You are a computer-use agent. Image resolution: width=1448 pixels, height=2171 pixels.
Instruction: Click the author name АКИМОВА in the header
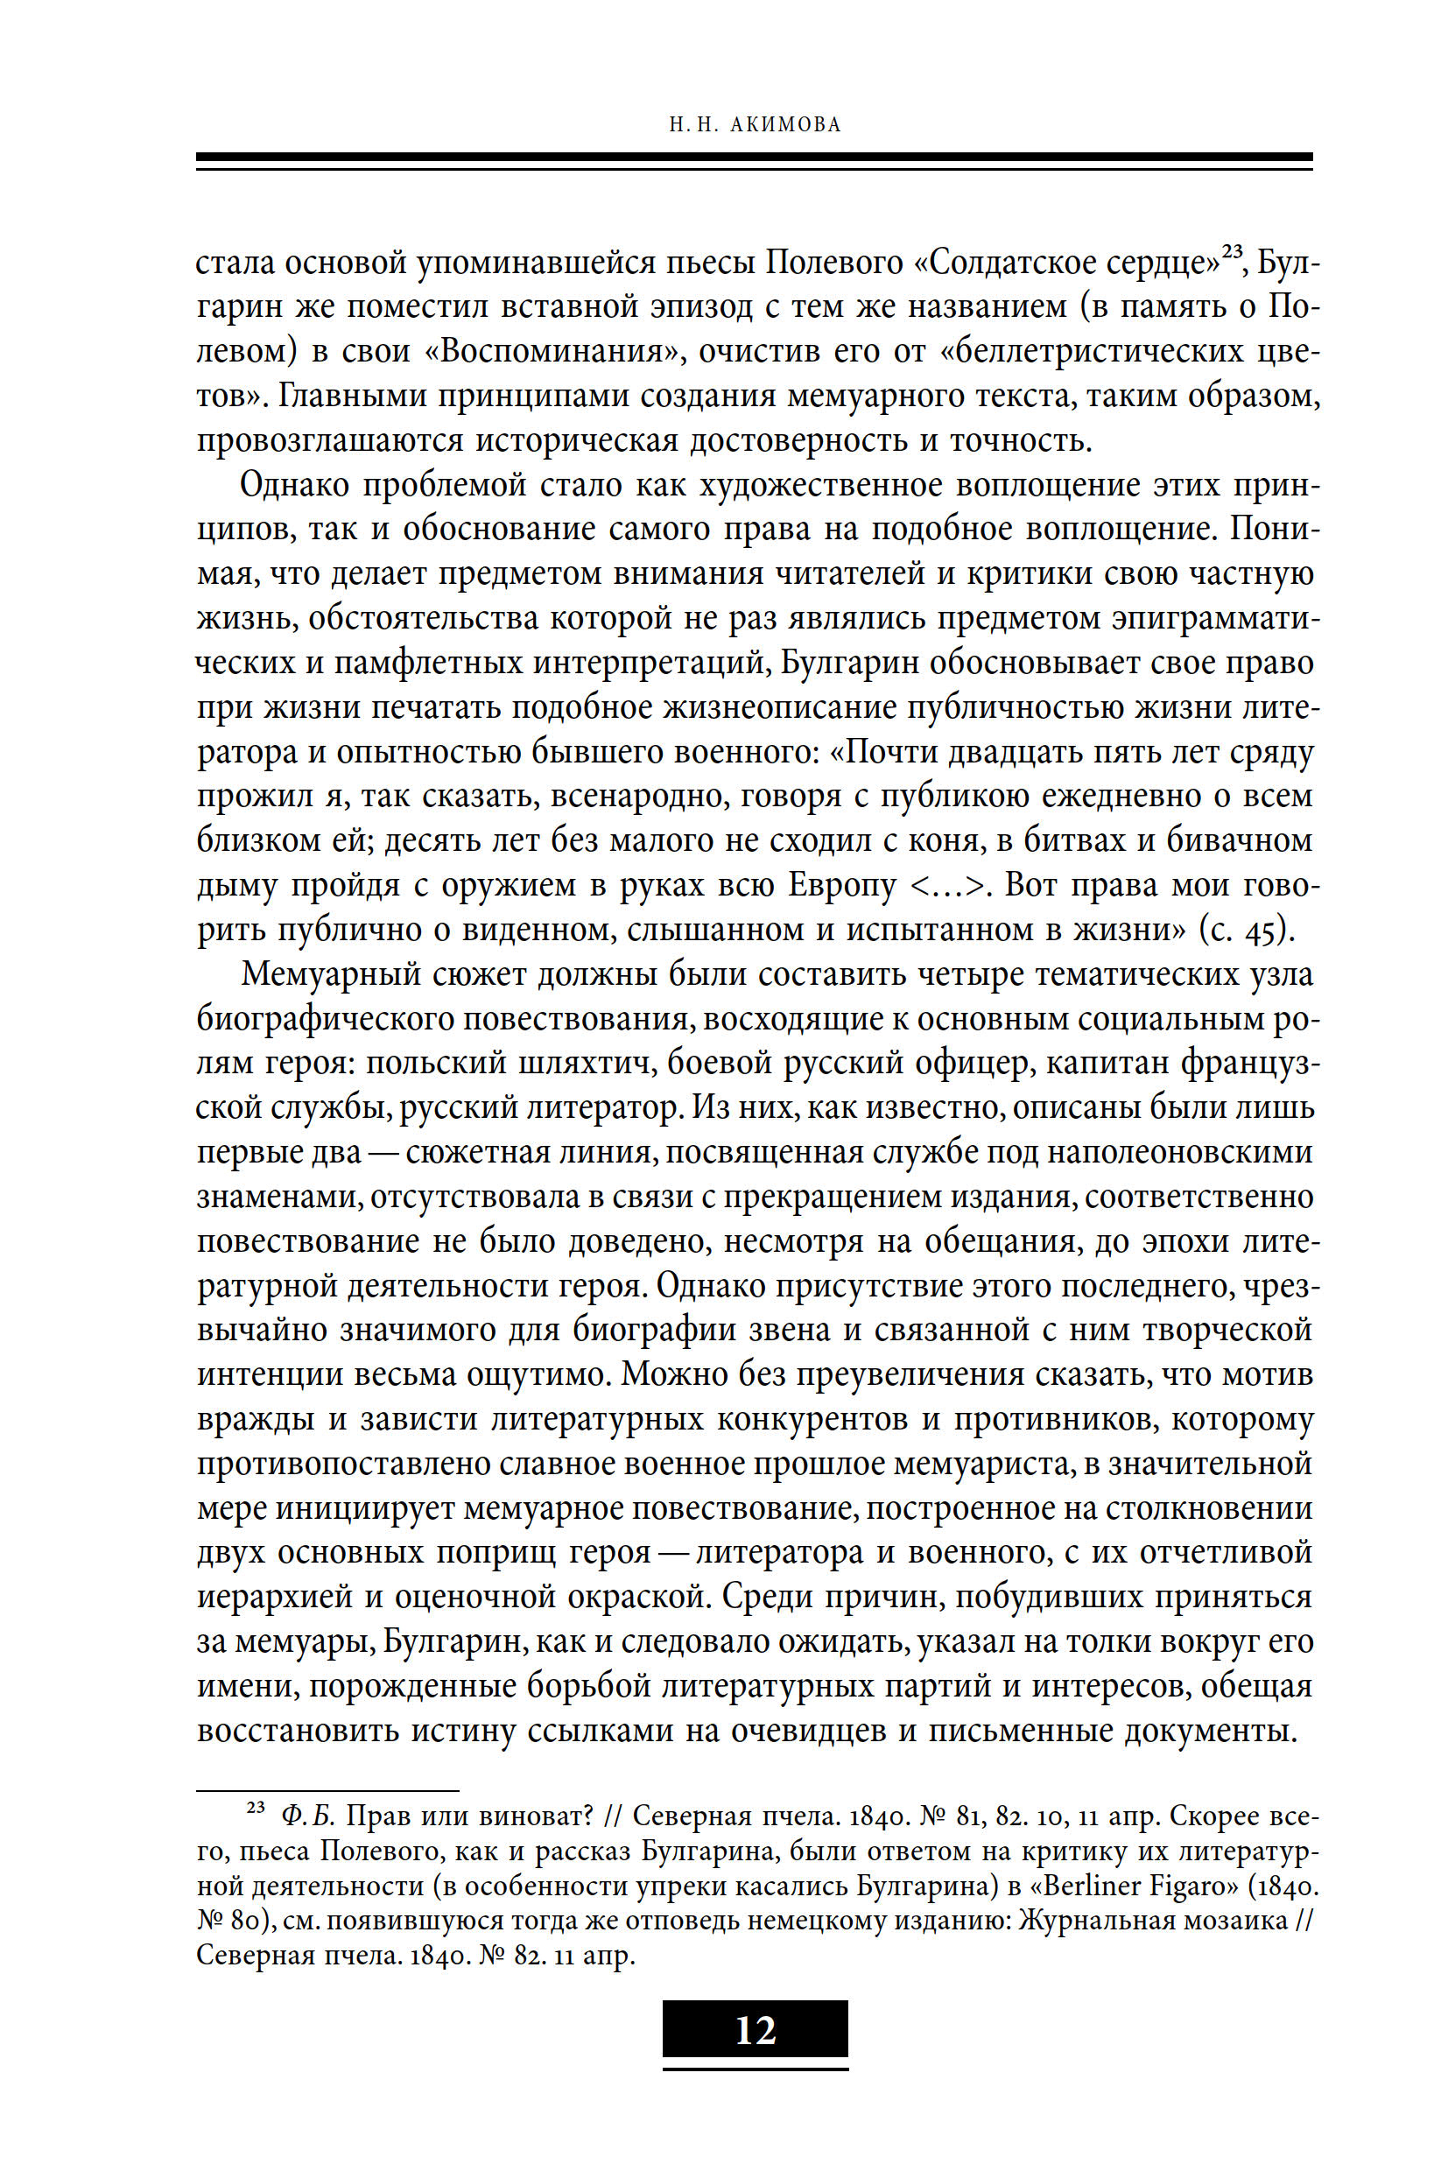click(x=785, y=124)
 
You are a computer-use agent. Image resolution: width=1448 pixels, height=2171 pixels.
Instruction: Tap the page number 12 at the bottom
click(x=756, y=2030)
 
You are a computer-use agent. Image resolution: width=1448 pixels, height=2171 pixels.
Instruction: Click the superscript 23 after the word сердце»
click(x=1231, y=250)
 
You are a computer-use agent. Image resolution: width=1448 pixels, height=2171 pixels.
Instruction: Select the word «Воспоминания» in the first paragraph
click(x=552, y=352)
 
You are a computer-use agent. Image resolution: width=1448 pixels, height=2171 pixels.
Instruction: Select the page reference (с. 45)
click(x=1247, y=930)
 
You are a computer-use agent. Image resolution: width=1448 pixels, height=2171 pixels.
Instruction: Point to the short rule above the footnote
click(x=327, y=1790)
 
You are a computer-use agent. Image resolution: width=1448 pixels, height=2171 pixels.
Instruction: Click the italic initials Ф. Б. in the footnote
click(x=307, y=1816)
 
